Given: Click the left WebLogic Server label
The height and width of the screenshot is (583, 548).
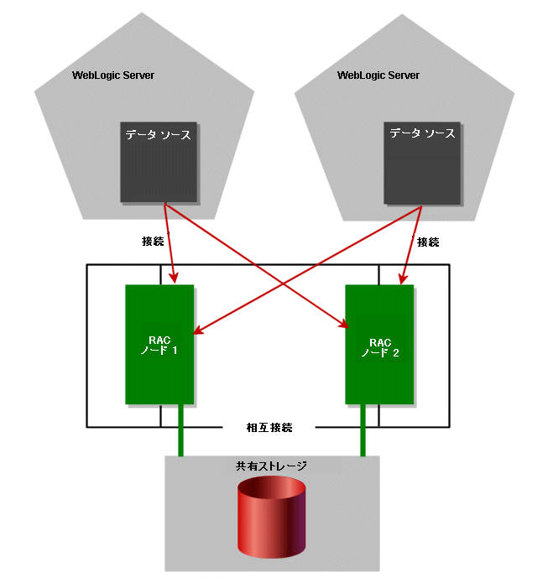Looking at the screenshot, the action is (x=113, y=75).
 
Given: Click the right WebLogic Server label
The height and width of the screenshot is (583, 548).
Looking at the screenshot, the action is (x=378, y=75).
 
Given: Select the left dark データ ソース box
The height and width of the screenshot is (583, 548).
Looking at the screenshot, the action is (x=159, y=162).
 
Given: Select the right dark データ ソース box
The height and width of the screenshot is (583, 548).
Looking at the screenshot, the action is (x=422, y=163).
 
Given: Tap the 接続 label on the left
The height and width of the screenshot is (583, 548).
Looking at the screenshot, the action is (x=153, y=242).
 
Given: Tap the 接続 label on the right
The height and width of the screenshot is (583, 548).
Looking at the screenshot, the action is (x=428, y=242).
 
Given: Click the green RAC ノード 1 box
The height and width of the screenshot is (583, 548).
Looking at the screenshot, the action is (x=159, y=344).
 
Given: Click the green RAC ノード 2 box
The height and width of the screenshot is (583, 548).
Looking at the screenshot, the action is (x=379, y=344).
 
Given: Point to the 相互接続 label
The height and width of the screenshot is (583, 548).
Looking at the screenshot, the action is (x=269, y=428).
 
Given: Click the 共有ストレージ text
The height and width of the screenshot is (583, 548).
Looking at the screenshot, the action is (x=271, y=466).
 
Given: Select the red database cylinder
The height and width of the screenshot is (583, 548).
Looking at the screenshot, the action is (x=272, y=517).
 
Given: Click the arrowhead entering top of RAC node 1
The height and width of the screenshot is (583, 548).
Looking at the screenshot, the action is (x=174, y=278).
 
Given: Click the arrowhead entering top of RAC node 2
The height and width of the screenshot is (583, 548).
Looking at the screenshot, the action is (x=403, y=279).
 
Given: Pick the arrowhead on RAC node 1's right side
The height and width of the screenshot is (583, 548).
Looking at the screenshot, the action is (x=199, y=331).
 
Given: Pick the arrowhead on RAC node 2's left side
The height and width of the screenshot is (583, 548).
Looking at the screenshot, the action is (x=343, y=324).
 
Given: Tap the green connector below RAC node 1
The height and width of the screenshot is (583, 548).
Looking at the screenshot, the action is (x=180, y=430).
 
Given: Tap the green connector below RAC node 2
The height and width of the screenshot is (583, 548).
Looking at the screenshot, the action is (x=363, y=430).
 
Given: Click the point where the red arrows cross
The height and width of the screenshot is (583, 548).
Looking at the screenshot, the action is (x=284, y=284).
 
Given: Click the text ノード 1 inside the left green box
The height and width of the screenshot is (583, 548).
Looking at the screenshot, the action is (x=159, y=351).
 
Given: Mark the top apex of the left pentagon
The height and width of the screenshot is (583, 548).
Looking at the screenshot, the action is (x=142, y=13).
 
